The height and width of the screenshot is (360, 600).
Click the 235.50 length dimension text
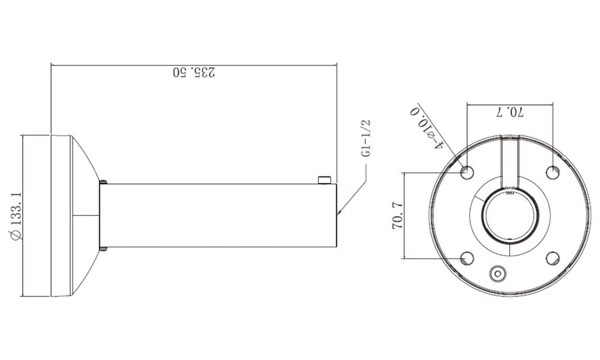coord(194,73)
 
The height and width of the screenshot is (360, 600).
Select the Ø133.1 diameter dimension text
coord(17,216)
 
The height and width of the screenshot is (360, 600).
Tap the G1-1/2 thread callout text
coord(366,138)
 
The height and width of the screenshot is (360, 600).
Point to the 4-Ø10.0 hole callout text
coord(427,128)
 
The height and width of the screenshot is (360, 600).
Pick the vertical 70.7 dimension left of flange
coord(398,216)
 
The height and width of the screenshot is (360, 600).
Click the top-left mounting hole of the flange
coord(467,172)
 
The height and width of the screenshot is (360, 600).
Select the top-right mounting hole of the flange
coord(553,172)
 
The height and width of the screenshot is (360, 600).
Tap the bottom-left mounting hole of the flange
coord(467,258)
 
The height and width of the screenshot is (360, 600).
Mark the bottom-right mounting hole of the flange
coord(553,258)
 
